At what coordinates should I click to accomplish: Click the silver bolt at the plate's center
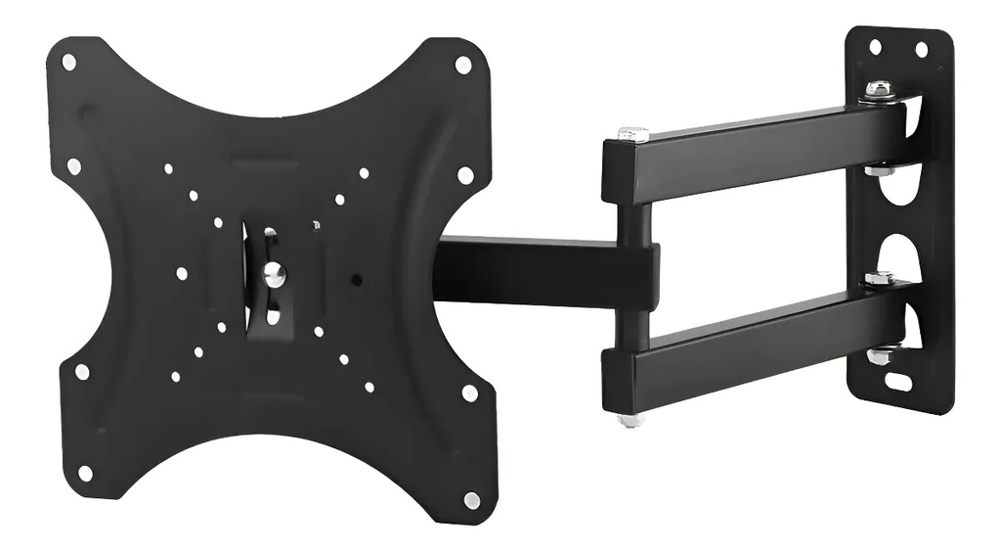pos(275,275)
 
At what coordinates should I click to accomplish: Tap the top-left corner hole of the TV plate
pos(69,62)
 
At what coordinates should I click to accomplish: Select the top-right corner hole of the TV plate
pos(462,65)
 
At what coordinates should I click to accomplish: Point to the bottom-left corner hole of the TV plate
pos(85,474)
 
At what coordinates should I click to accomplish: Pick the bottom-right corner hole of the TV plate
pos(472,500)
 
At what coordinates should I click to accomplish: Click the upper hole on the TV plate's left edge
pos(73,166)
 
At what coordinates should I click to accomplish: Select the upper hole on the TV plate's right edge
pos(465,175)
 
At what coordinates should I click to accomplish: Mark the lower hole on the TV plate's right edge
pos(470,392)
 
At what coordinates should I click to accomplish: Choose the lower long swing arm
pos(753,338)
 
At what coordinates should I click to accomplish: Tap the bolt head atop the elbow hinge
pos(631,134)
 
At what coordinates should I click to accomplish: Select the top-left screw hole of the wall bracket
pos(875,46)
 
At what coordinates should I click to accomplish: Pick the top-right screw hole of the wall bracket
pos(921,49)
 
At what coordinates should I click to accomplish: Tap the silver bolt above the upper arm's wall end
pos(879,90)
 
